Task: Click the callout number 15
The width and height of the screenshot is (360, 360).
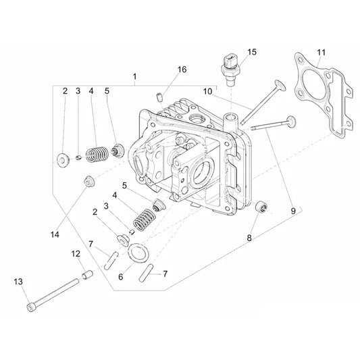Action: (x=252, y=52)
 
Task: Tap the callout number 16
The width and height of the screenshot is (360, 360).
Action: (x=182, y=70)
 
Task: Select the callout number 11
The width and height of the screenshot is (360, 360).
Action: (x=322, y=53)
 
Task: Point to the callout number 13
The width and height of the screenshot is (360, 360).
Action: (x=18, y=282)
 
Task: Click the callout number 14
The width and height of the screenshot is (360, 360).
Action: (x=55, y=234)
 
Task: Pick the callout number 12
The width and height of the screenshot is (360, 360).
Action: (x=76, y=254)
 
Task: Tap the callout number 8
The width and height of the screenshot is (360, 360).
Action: (x=249, y=238)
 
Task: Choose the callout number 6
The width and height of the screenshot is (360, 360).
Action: (x=121, y=277)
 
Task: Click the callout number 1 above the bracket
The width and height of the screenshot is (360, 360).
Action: (x=135, y=77)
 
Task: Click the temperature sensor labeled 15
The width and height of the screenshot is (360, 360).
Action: (x=230, y=70)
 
